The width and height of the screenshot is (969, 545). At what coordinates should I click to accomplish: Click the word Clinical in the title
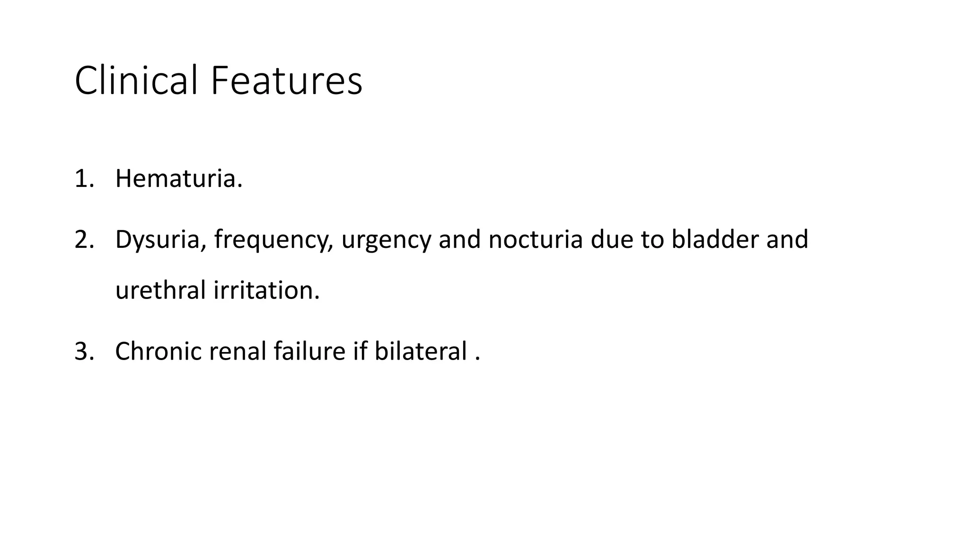click(x=136, y=81)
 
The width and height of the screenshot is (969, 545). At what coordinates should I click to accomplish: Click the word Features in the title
click(x=286, y=81)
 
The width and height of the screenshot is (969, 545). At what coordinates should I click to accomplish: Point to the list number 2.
click(x=83, y=239)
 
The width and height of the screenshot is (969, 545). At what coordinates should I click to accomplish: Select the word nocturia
click(x=535, y=239)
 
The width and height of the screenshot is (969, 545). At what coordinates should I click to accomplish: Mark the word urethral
click(x=160, y=290)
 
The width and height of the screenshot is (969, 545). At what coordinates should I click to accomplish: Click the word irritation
click(x=266, y=290)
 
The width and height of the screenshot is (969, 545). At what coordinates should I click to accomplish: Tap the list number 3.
click(x=83, y=352)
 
